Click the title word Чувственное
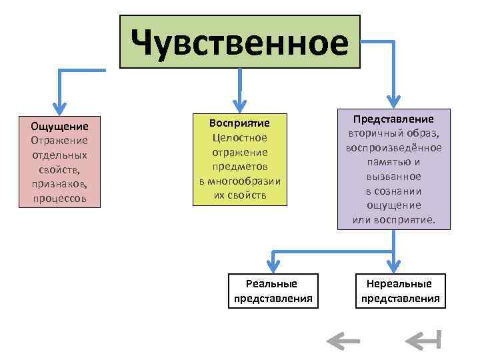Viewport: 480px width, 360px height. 239,42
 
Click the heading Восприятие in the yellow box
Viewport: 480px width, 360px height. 239,123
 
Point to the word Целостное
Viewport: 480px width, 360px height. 239,138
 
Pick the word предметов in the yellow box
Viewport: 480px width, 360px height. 239,167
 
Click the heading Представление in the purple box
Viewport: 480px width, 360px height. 393,119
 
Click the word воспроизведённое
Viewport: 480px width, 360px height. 393,147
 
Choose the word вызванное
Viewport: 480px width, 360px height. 393,177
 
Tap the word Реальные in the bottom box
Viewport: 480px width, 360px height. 273,283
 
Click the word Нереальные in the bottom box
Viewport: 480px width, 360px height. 400,283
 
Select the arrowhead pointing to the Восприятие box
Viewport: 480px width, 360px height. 240,105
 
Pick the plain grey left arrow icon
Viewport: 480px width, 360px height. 343,341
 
